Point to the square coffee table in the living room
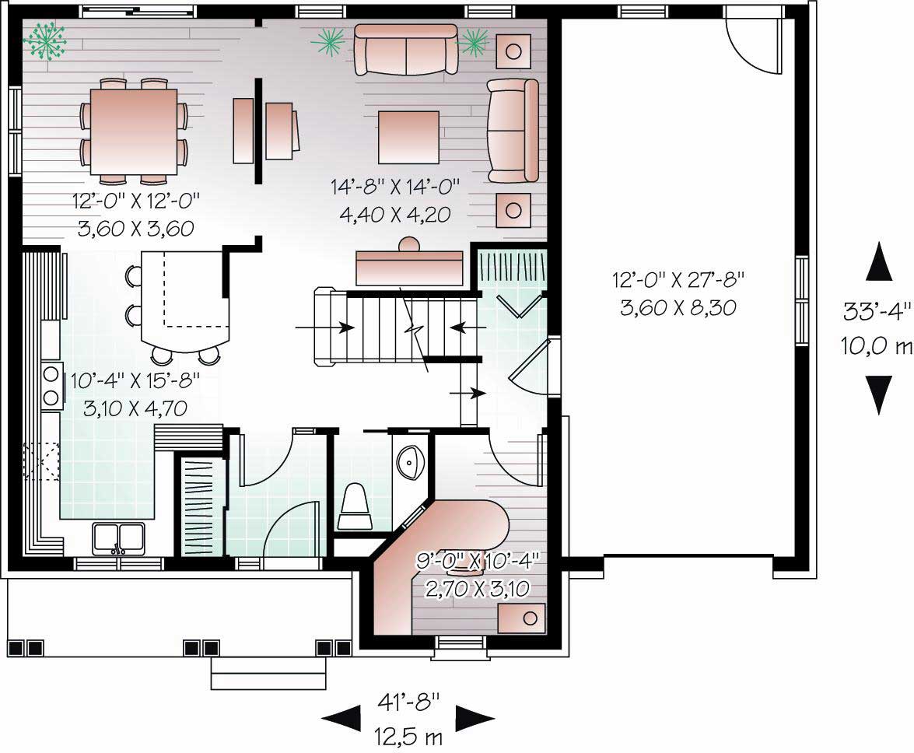408,136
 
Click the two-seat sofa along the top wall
405,49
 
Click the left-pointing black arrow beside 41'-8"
341,719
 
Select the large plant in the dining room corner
44,40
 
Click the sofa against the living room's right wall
513,129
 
